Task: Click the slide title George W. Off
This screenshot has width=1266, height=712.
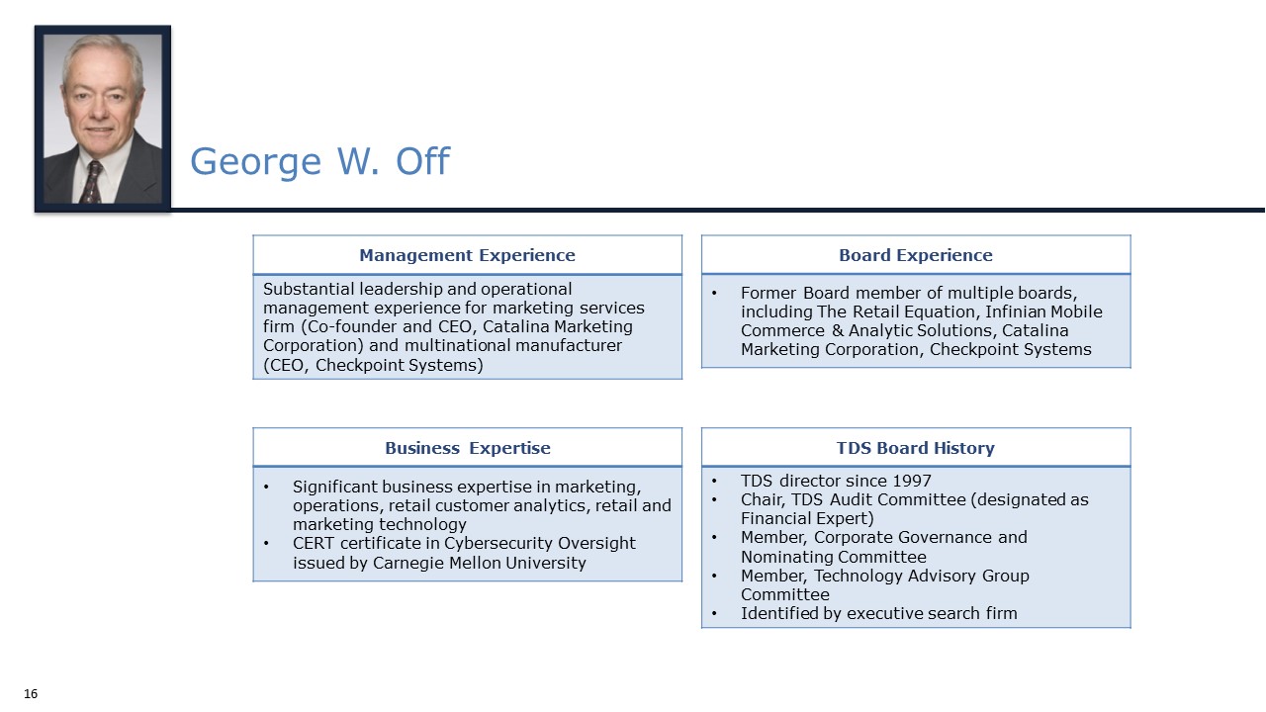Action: point(319,161)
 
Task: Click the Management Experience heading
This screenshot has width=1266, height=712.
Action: point(467,255)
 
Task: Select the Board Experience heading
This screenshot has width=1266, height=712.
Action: point(915,255)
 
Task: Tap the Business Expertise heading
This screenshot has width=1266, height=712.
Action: point(467,448)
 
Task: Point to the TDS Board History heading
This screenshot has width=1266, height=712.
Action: point(915,448)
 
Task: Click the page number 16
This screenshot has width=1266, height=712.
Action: point(31,694)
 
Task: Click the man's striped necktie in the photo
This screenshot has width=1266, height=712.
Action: point(92,181)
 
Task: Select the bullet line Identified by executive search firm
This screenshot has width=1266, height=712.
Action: point(878,613)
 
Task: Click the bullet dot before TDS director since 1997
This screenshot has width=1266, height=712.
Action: point(715,482)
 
